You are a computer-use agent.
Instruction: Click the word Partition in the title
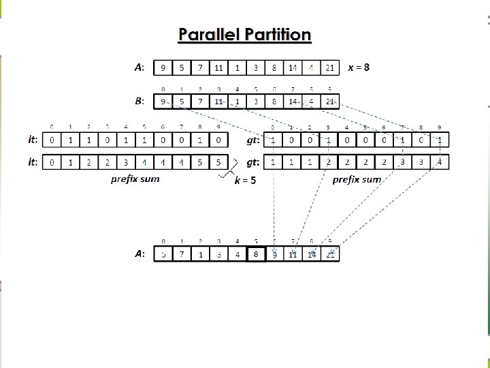click(275, 35)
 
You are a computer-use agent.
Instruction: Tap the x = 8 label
click(359, 67)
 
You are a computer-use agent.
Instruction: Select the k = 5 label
click(245, 181)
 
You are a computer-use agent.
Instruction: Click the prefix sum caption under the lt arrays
click(136, 179)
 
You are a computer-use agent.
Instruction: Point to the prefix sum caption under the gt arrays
click(357, 179)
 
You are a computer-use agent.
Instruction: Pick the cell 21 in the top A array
click(329, 67)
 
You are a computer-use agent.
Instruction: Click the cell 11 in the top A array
click(218, 67)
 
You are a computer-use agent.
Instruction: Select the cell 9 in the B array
click(163, 102)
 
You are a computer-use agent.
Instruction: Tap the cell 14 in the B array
click(293, 102)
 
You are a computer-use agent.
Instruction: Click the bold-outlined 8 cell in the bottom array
click(256, 254)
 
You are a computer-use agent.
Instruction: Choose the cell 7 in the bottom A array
click(182, 254)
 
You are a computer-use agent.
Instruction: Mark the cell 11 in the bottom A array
click(293, 254)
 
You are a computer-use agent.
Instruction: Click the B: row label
click(140, 101)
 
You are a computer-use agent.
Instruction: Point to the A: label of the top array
click(140, 67)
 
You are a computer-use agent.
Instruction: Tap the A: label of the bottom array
click(140, 254)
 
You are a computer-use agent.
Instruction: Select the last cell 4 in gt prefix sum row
click(440, 163)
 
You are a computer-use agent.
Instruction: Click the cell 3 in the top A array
click(256, 67)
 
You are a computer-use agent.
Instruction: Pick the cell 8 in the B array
click(274, 102)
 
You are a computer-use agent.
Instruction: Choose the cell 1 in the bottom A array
click(200, 254)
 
